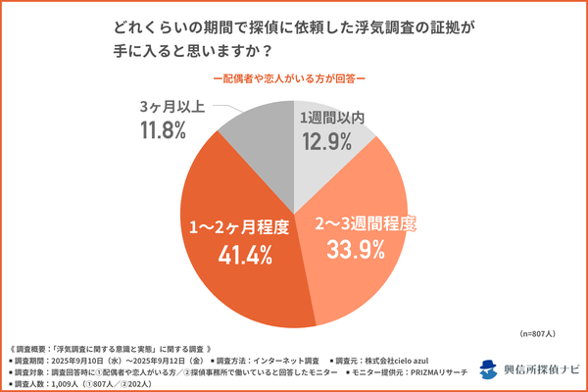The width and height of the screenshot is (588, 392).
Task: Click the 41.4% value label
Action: (239, 256)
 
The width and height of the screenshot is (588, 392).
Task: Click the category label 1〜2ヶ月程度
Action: (239, 227)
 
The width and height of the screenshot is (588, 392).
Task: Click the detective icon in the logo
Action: (489, 369)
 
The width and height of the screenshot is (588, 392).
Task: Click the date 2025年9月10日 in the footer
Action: (85, 360)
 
